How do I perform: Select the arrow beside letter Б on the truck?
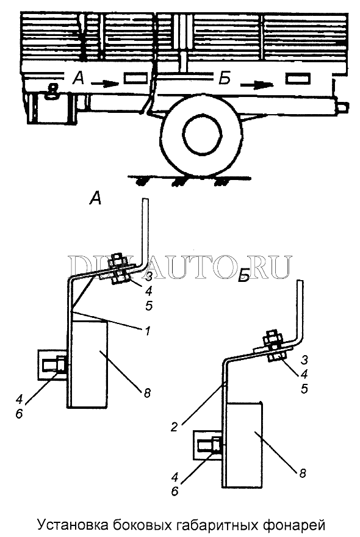[x=256, y=85]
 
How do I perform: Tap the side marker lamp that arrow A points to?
[x=136, y=78]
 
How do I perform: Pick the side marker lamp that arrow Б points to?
[x=298, y=79]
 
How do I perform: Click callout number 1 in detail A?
[x=147, y=331]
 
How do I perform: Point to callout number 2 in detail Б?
[x=175, y=427]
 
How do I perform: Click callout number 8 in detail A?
[x=147, y=393]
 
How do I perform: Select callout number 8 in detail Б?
[x=303, y=474]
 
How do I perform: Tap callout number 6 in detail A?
[x=19, y=414]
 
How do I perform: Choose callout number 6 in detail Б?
[x=175, y=491]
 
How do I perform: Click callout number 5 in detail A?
[x=149, y=306]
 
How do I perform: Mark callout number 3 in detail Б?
[x=304, y=359]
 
